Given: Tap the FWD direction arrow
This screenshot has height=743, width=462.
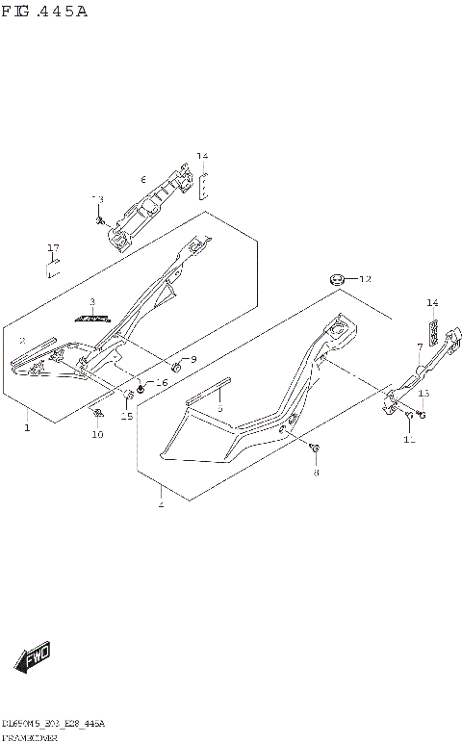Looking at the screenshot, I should point(31,658).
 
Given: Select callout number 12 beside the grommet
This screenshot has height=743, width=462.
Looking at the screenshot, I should point(364,279).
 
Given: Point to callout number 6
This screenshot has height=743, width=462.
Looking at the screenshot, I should point(142,180).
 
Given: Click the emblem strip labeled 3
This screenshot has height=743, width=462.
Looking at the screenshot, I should point(94,317).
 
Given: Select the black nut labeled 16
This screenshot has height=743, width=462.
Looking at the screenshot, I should point(141,388).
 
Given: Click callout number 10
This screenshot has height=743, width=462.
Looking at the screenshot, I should point(97,435).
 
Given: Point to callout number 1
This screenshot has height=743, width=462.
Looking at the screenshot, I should point(27,426).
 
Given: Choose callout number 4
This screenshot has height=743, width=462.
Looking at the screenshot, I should point(160,503).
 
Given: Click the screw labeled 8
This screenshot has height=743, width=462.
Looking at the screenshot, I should point(315,448).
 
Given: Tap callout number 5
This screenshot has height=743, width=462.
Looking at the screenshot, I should point(219,409).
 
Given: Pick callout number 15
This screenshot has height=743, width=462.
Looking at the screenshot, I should point(126,416).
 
